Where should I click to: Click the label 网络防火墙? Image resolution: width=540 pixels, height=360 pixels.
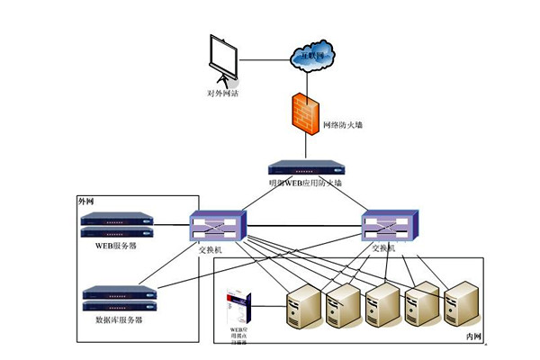pyautogui.click(x=343, y=126)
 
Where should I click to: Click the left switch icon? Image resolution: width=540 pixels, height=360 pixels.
pyautogui.click(x=215, y=225)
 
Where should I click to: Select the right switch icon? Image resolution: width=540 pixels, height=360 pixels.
pyautogui.click(x=389, y=225)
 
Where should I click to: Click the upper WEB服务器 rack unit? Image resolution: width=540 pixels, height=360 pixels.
pyautogui.click(x=115, y=220)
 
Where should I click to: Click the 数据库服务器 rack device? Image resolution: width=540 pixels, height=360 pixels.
pyautogui.click(x=118, y=295)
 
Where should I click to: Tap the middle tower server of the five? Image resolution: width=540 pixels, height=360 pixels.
pyautogui.click(x=382, y=306)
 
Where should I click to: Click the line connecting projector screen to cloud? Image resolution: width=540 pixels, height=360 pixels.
pyautogui.click(x=265, y=60)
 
